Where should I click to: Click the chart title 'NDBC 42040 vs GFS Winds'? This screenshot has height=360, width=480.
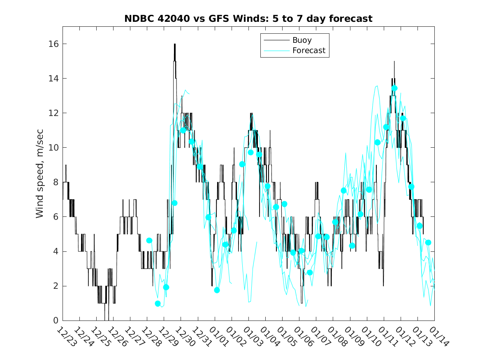coord(248,19)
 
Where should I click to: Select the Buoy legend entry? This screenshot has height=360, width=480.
coord(301,40)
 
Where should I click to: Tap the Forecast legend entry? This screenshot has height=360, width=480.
coord(308,51)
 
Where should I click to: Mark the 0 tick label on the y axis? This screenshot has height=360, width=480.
coord(55,321)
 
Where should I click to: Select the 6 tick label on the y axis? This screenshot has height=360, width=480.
coord(55,217)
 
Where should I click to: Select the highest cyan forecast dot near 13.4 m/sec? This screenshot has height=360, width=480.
coord(394,88)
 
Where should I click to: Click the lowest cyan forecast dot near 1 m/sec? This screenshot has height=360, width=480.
coord(158,304)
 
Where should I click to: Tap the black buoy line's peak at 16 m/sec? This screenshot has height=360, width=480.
coord(174,44)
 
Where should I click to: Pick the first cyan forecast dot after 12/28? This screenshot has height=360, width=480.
coord(149,240)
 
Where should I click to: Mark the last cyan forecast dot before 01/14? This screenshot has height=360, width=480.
coord(428,242)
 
